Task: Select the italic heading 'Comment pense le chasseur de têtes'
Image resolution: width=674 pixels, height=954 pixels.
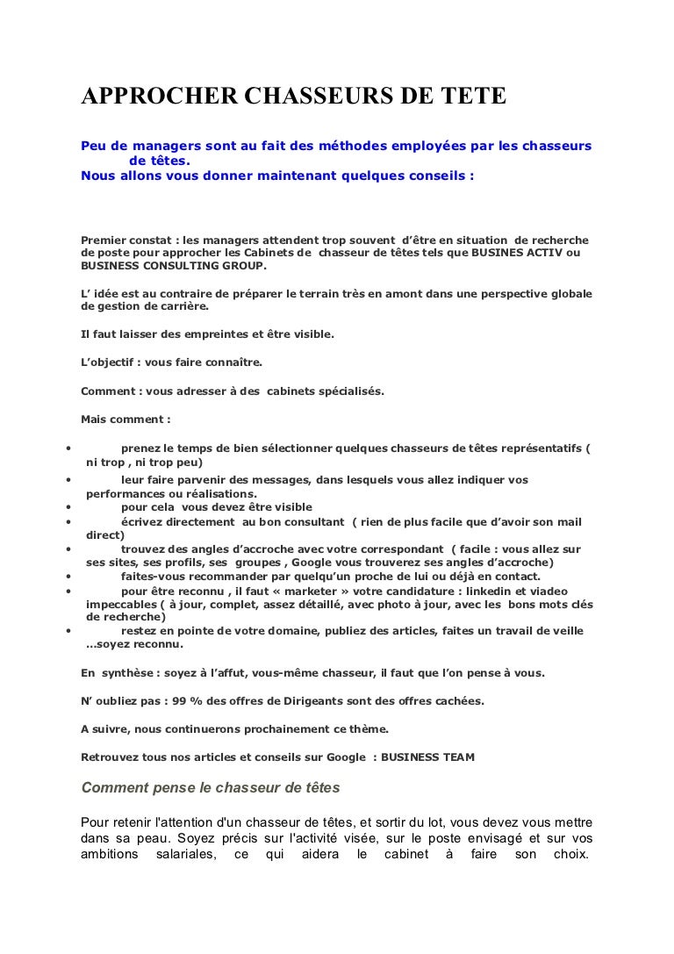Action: tap(211, 787)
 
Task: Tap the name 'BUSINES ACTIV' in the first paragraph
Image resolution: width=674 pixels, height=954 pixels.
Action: tap(515, 253)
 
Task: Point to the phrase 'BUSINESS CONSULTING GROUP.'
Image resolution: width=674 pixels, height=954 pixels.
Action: tap(173, 266)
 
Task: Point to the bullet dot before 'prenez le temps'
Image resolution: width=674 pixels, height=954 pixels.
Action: tap(68, 448)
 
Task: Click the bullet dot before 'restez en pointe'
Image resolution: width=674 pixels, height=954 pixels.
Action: tap(68, 630)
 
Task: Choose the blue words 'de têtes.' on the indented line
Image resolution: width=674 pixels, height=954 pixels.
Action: tap(159, 161)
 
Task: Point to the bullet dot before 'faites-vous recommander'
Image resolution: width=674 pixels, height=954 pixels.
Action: tap(68, 577)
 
